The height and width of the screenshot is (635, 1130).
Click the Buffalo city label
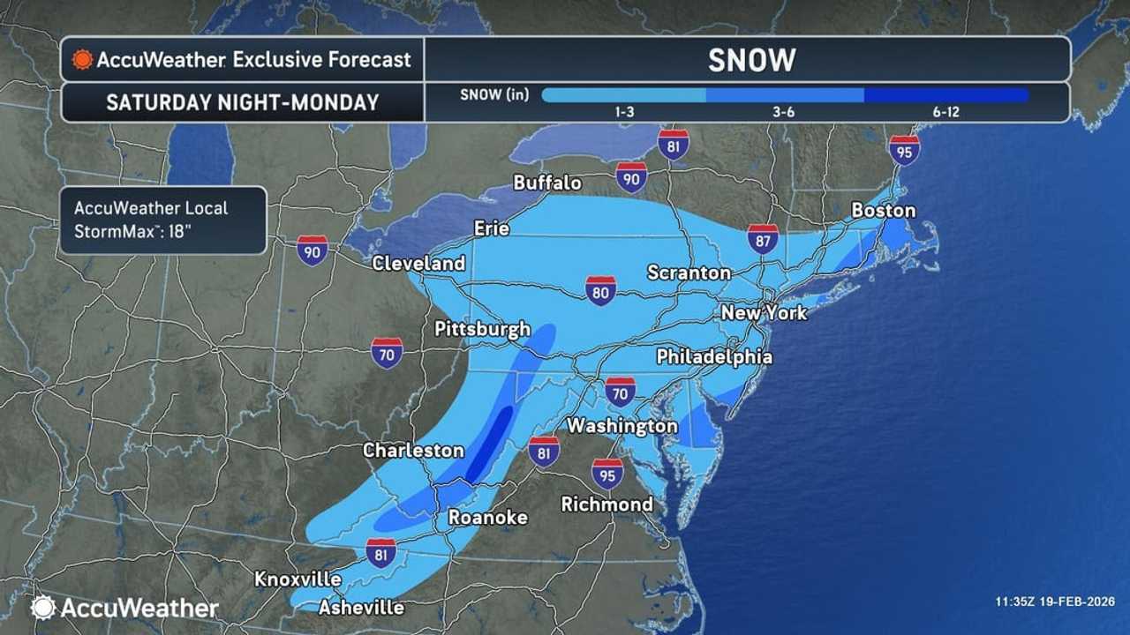coord(547,183)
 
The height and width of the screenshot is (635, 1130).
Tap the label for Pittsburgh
coord(482,329)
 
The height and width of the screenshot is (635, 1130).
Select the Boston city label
coord(883,211)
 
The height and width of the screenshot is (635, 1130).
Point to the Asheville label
coord(361,607)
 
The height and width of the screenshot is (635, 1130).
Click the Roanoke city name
coord(487,517)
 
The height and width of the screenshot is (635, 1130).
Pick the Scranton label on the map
coord(689,273)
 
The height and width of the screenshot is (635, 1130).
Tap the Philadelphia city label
coord(713,356)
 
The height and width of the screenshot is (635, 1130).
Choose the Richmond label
coord(607,504)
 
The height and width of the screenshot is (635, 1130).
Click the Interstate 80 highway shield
coord(600,290)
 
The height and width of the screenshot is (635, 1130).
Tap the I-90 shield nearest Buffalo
coord(631,177)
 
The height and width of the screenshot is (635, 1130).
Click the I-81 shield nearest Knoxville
coord(381,553)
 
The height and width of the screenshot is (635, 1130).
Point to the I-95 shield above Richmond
coord(607,474)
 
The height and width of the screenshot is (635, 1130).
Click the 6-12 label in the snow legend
coord(945,112)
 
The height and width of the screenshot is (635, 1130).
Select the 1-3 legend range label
coord(623,112)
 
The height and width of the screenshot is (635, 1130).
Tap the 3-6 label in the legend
coord(784,112)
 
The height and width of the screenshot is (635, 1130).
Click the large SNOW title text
coord(751,60)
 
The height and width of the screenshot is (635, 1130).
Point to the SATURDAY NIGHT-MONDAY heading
coord(242,102)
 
